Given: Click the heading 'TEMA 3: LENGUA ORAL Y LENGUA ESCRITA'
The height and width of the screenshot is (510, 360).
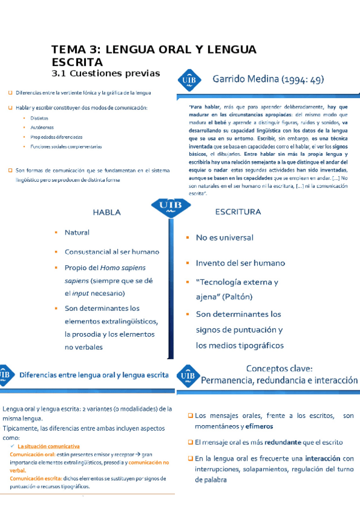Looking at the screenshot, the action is (x=154, y=55).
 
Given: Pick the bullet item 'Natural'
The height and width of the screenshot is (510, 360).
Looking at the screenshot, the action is (x=77, y=233).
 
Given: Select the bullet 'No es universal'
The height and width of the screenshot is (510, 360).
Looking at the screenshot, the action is (x=225, y=238).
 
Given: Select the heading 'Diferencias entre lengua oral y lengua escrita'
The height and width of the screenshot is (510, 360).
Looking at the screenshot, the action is (x=94, y=374).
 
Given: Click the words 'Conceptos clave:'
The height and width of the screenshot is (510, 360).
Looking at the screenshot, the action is (x=279, y=368).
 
